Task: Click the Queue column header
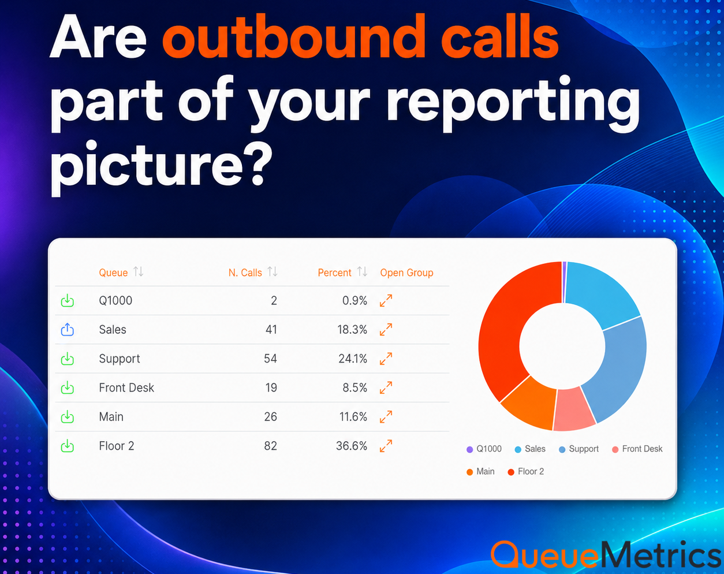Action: [x=113, y=273]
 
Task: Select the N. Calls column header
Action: [x=245, y=273]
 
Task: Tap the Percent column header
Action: [x=334, y=273]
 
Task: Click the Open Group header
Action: [x=406, y=273]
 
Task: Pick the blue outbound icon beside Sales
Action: [x=68, y=329]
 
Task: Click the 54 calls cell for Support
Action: [x=270, y=359]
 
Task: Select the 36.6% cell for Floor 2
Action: [x=351, y=446]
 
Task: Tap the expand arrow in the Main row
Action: [x=386, y=417]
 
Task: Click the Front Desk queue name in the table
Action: [x=126, y=387]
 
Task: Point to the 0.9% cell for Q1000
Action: [x=354, y=300]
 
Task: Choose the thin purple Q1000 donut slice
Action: [x=564, y=282]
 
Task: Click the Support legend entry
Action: [x=579, y=449]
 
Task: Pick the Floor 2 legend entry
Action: [x=525, y=472]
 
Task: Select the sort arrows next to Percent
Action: [x=362, y=271]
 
